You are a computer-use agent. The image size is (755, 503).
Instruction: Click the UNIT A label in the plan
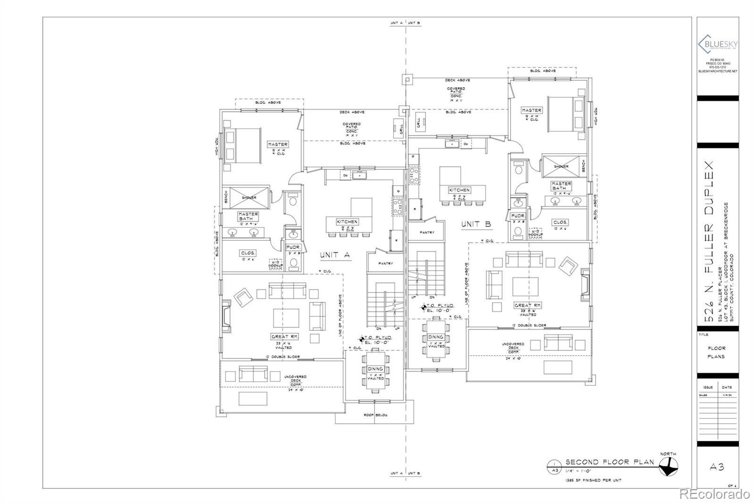pos(335,255)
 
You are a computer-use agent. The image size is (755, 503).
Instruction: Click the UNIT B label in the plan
pos(476,225)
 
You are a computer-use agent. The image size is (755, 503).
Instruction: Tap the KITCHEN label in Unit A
pos(347,222)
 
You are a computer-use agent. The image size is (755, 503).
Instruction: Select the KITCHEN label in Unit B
pos(459,190)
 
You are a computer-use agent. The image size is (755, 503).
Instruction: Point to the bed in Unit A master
pos(243,145)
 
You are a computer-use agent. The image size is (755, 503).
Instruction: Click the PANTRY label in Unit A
pos(386,264)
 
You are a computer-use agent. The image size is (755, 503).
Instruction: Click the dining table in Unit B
pos(436,337)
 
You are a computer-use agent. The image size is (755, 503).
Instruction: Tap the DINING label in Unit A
pos(376,369)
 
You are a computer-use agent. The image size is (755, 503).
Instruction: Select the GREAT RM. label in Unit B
pos(528,306)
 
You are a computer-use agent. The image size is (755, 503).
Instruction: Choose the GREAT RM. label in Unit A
pos(283,337)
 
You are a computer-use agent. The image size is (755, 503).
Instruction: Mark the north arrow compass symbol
pos(668,469)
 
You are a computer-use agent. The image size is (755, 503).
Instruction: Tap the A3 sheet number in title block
pos(717,467)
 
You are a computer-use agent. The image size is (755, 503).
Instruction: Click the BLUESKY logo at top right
pos(718,44)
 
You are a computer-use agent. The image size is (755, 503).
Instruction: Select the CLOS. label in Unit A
pos(248,253)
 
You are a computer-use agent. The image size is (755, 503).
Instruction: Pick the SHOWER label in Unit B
pos(561,167)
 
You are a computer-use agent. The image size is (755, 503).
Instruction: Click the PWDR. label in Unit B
pos(518,216)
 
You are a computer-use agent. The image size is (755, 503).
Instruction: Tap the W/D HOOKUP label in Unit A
pos(276,265)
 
